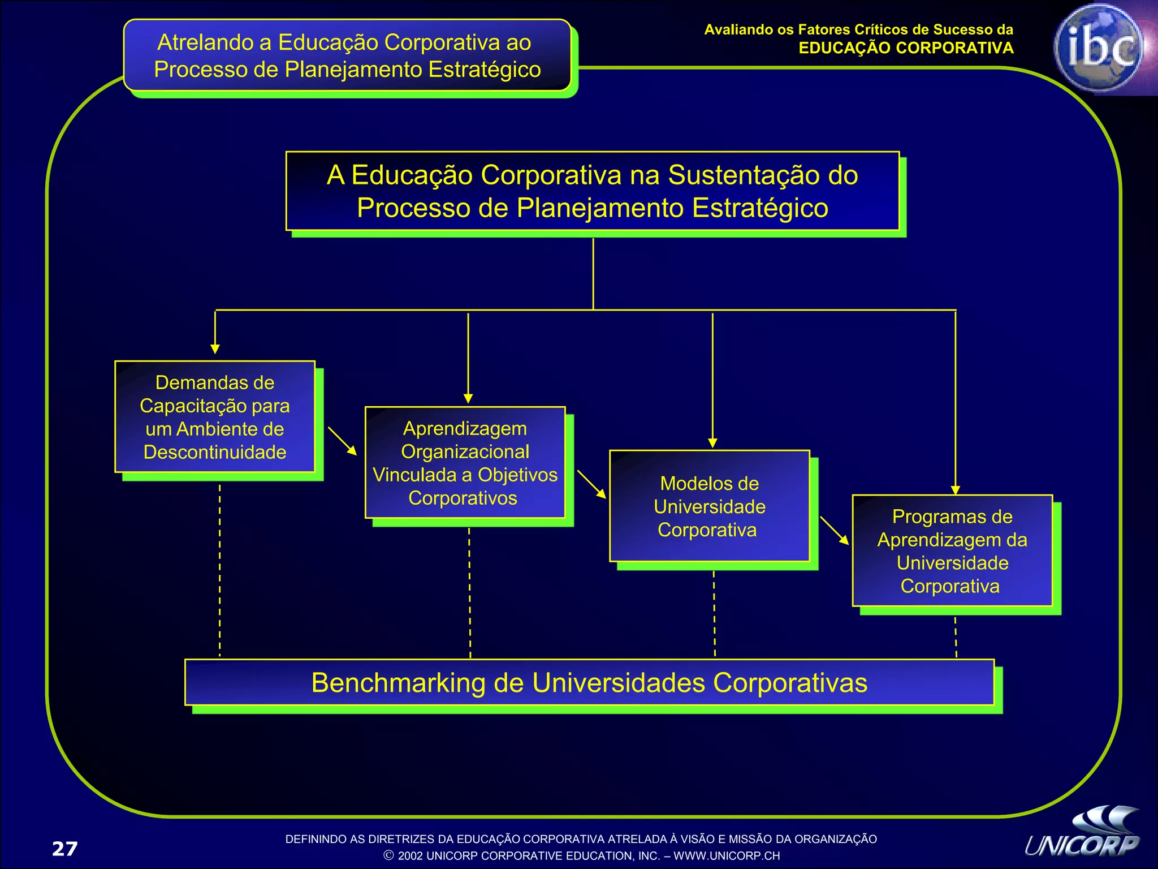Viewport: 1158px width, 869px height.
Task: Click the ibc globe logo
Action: click(x=1099, y=48)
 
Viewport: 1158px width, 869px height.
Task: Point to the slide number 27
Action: click(x=64, y=849)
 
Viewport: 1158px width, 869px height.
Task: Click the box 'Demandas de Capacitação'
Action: click(x=215, y=417)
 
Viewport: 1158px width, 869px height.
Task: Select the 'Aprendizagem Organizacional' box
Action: click(x=465, y=463)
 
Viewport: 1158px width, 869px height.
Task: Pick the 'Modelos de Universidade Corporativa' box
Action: click(x=709, y=506)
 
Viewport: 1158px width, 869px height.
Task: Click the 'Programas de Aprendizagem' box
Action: click(x=952, y=551)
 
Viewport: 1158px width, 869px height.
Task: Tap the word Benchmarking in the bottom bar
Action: click(x=398, y=683)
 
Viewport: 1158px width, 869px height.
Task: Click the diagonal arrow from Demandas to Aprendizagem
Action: click(x=342, y=441)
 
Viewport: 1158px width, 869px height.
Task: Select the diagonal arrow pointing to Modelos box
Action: click(x=591, y=484)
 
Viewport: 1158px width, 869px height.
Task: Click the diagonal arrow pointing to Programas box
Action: click(x=835, y=530)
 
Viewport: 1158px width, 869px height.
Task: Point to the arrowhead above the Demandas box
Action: click(x=215, y=349)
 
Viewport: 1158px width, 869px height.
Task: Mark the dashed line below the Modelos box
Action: click(x=714, y=614)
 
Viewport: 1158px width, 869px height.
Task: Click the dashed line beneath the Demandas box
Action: click(x=219, y=569)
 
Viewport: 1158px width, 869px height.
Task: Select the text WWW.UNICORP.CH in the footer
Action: click(x=727, y=856)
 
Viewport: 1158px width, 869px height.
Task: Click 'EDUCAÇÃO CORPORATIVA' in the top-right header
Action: click(x=906, y=48)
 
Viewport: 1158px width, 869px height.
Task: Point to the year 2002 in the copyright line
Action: click(x=410, y=856)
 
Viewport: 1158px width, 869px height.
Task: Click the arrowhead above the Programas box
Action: click(x=956, y=490)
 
